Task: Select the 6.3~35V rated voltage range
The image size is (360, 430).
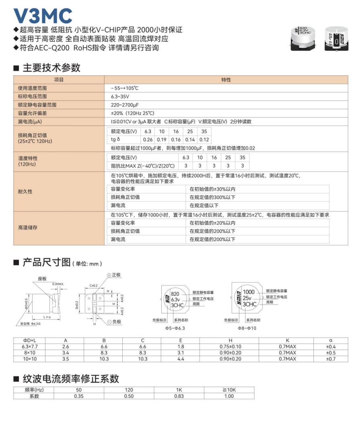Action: (120, 96)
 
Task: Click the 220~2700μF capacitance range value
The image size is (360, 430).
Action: (124, 105)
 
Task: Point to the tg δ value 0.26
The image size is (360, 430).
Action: (148, 139)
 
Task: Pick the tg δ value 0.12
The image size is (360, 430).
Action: (204, 139)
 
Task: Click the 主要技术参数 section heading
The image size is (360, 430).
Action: (51, 68)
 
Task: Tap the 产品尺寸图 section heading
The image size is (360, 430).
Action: (46, 263)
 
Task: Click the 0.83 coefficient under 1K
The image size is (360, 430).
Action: (179, 396)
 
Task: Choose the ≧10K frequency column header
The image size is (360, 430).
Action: (229, 390)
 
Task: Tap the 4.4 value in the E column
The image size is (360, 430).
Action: (181, 359)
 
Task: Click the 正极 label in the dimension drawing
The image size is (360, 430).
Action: (116, 275)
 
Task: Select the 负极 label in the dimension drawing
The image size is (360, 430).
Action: (116, 321)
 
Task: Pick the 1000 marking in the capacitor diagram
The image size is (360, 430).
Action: (249, 292)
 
